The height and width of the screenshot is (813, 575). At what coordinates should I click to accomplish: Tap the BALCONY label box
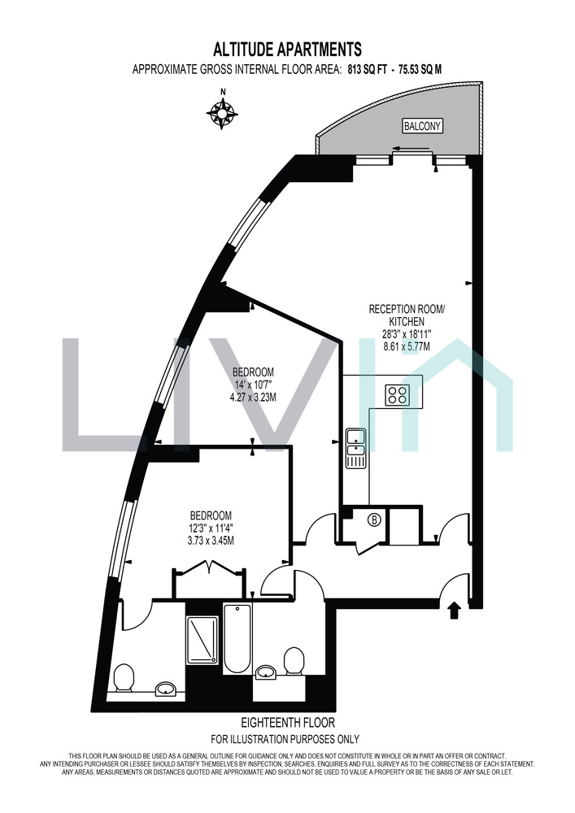[423, 125]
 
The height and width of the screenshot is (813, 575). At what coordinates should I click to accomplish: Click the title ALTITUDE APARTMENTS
[287, 50]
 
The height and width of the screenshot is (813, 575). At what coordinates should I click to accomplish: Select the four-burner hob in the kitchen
[397, 394]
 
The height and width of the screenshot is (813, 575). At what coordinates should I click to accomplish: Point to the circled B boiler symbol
[372, 519]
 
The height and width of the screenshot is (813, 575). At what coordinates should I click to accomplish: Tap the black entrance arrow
[455, 610]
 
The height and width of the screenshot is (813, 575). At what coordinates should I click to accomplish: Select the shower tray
[201, 639]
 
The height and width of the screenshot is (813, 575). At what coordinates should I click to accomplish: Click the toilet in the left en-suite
[124, 679]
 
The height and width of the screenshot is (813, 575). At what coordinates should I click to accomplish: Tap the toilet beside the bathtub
[294, 660]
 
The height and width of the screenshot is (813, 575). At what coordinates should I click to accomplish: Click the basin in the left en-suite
[167, 689]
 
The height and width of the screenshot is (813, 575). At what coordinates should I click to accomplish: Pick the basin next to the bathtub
[266, 672]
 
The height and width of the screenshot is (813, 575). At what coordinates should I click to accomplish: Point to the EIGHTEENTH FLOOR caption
[288, 722]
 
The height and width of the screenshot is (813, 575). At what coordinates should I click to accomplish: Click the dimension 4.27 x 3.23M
[253, 398]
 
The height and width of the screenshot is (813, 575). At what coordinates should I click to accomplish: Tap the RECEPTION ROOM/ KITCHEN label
[407, 315]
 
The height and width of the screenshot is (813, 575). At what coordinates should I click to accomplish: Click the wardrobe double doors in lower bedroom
[209, 567]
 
